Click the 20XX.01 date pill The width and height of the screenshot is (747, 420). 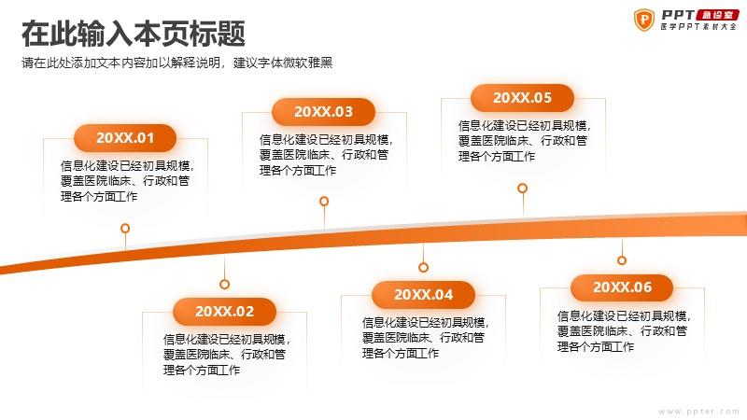[x=125, y=138]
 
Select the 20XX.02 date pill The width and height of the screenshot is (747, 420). [x=224, y=312]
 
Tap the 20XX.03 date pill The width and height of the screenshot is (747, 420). [x=323, y=112]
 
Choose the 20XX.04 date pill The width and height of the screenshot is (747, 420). [x=424, y=295]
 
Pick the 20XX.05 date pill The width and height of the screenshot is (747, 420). [x=522, y=98]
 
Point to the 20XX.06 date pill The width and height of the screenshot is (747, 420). [x=622, y=287]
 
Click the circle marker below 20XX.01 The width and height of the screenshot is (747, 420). [x=125, y=228]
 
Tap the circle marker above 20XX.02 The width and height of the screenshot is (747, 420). [x=224, y=285]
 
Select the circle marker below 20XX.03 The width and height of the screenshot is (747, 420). [x=324, y=201]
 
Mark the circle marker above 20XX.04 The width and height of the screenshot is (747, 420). [x=424, y=267]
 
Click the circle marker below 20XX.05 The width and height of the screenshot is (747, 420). [x=523, y=189]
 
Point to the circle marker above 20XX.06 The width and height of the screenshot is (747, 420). [x=622, y=260]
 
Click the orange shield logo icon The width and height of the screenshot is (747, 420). [x=644, y=20]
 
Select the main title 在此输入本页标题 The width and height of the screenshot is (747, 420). [x=134, y=34]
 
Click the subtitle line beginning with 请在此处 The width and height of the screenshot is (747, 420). [x=177, y=63]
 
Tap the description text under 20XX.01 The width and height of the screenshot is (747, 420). [x=127, y=181]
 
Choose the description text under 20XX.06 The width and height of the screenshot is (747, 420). [x=624, y=331]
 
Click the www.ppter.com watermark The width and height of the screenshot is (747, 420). [x=698, y=412]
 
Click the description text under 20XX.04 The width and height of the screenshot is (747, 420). [x=426, y=338]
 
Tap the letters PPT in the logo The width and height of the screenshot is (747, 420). [x=678, y=15]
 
